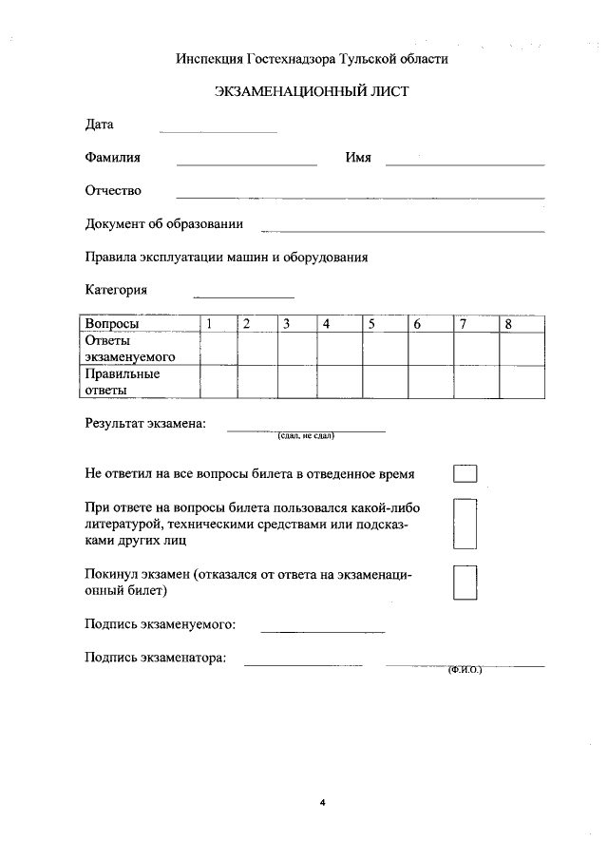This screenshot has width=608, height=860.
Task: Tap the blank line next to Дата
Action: (x=218, y=131)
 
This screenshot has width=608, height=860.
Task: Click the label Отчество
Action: (x=113, y=190)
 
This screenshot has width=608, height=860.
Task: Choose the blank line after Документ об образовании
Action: (x=403, y=230)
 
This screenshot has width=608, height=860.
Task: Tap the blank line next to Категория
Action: (x=244, y=296)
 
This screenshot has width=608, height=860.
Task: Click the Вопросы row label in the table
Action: (x=112, y=324)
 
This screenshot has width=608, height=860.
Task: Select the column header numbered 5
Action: (x=371, y=324)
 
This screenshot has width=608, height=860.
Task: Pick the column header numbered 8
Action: (x=508, y=324)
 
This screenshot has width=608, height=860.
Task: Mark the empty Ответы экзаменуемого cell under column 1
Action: (x=218, y=349)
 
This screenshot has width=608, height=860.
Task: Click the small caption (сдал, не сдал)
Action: (x=307, y=436)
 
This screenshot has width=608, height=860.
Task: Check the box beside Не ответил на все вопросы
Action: (x=465, y=473)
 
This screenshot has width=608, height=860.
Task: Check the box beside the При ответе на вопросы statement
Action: (x=465, y=523)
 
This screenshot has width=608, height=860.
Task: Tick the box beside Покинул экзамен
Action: (x=465, y=583)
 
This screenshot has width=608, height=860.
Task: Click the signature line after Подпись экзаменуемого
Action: (x=323, y=631)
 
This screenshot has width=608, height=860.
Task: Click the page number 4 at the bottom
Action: (x=323, y=803)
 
